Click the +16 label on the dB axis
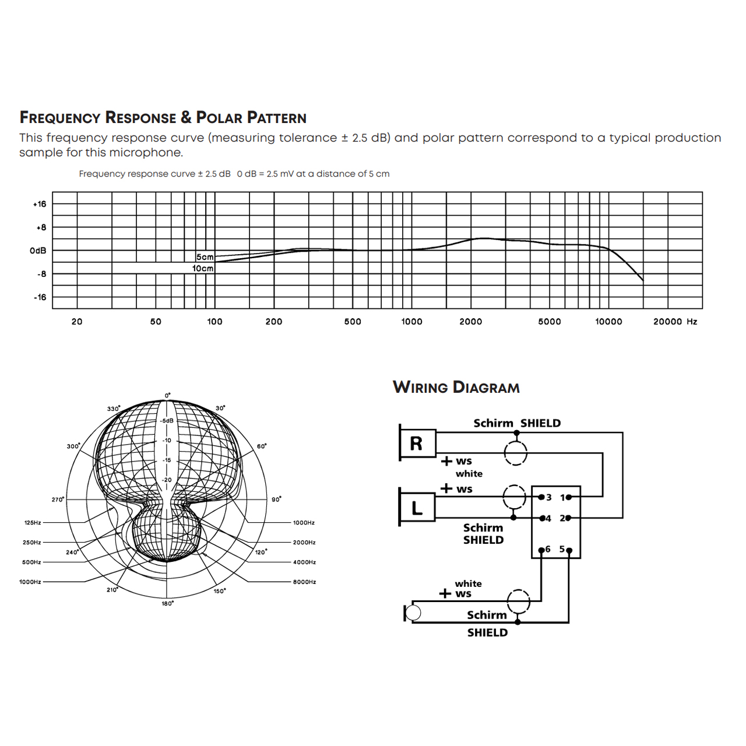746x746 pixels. [x=40, y=204]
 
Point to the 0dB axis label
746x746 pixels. [x=38, y=251]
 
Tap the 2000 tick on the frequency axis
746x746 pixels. [x=471, y=322]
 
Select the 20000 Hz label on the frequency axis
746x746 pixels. [x=675, y=322]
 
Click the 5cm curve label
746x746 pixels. [x=205, y=257]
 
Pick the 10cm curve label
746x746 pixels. [x=203, y=269]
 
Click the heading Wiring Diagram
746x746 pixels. [x=456, y=388]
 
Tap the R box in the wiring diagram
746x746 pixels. [x=417, y=444]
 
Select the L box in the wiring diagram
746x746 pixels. [x=417, y=508]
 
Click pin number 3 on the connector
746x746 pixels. [x=549, y=498]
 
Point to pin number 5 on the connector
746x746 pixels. [x=562, y=549]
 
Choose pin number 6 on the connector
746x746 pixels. [x=548, y=549]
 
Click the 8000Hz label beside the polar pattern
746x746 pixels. [x=304, y=582]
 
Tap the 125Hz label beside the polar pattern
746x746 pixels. [x=33, y=523]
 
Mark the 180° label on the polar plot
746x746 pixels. [x=168, y=604]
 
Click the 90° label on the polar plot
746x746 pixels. [x=276, y=499]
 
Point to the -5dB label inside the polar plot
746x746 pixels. [x=167, y=421]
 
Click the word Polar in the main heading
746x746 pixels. [x=219, y=118]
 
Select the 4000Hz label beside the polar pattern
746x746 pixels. [x=304, y=562]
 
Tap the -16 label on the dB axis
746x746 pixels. [x=40, y=297]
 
